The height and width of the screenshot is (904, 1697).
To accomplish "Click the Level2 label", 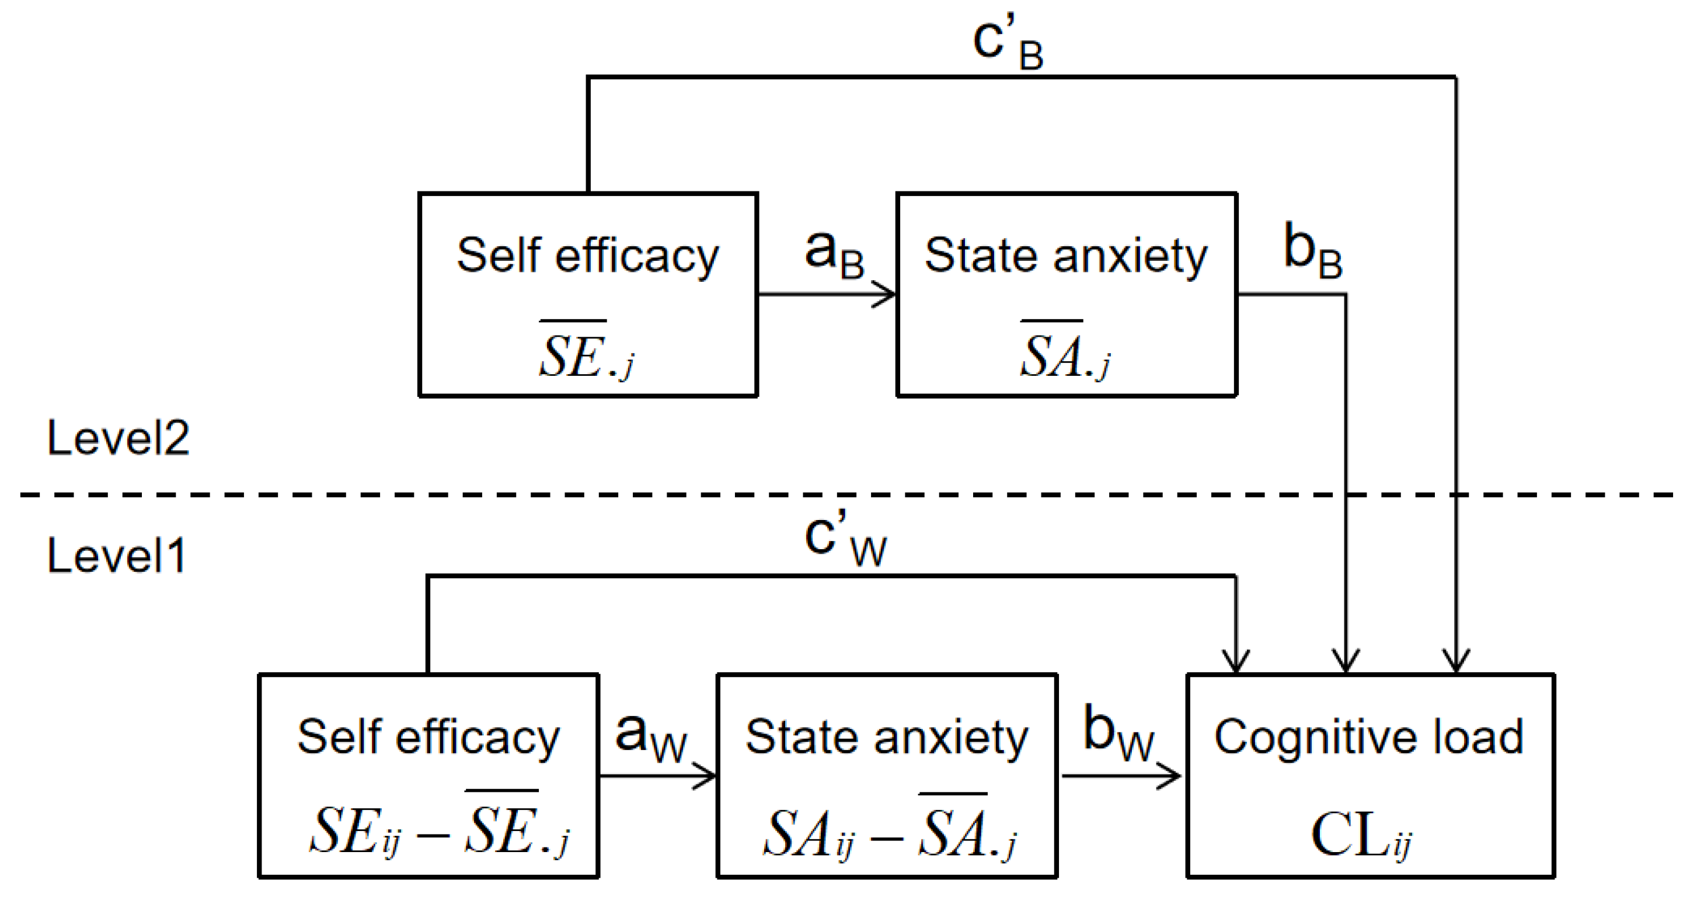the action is (119, 438).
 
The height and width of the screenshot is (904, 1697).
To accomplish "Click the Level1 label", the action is (117, 555).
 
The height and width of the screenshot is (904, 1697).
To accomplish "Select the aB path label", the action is (835, 256).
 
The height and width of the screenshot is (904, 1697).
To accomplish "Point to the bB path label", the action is (1313, 251).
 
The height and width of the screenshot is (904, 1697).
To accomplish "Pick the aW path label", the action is (651, 738).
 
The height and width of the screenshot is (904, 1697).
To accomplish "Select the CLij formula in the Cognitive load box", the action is (1361, 835).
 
